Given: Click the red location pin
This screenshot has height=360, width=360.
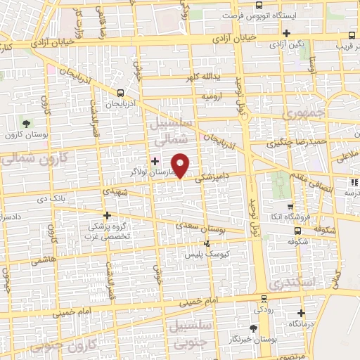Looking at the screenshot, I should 181,165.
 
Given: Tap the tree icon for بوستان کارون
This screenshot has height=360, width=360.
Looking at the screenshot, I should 26,124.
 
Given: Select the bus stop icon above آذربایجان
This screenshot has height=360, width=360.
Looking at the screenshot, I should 121,93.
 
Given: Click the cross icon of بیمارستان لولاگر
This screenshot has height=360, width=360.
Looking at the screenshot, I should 155,161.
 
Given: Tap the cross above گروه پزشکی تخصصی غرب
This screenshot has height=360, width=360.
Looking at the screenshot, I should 107,215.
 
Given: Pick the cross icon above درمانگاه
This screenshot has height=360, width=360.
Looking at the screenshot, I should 301,313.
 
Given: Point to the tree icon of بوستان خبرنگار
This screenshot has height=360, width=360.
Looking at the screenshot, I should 252,328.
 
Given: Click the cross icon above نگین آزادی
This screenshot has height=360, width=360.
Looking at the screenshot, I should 286,33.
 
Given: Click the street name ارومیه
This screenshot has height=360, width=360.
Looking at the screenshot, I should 212,95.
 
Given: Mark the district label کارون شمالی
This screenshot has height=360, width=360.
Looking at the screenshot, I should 28,156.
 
